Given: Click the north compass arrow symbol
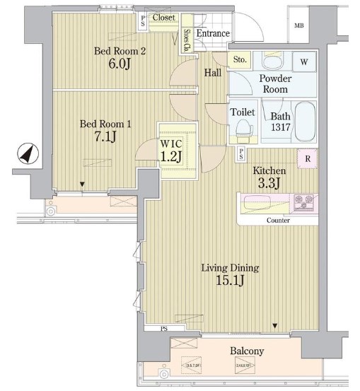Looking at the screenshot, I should (x=25, y=153).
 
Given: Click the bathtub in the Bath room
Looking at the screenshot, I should (x=307, y=122).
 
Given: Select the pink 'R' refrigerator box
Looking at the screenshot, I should (x=307, y=159).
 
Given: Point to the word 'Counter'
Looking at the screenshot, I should (x=278, y=221).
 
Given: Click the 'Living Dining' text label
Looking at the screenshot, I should (x=229, y=268).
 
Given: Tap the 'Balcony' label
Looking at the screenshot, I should (x=247, y=351).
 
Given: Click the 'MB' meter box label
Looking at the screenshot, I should (x=300, y=26).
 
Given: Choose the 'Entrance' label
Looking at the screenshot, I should (x=212, y=33).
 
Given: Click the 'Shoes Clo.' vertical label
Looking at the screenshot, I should (x=186, y=41).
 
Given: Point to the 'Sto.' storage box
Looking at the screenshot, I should (x=239, y=60).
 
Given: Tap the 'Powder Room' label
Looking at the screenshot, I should (x=275, y=84).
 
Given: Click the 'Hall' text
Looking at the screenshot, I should (x=212, y=73).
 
